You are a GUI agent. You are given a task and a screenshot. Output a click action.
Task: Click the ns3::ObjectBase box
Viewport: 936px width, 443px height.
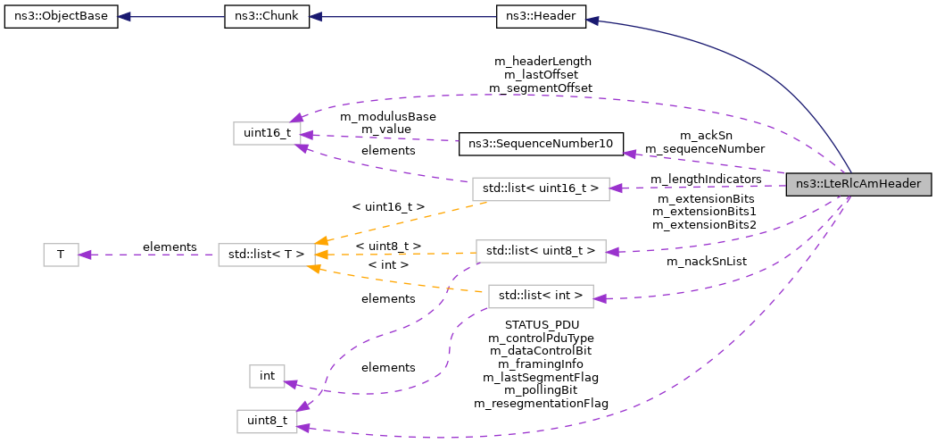tap(61, 18)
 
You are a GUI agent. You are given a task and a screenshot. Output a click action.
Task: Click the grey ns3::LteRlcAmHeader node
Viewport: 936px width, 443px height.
tap(858, 185)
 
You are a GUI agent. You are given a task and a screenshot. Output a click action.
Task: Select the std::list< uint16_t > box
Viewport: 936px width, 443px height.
tap(540, 188)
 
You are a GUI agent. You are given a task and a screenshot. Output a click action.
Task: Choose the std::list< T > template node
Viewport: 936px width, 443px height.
tap(262, 255)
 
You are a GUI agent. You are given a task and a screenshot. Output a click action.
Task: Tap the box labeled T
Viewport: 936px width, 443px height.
tap(61, 255)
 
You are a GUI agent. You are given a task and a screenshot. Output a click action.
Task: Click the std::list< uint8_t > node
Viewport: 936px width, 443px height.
tap(541, 251)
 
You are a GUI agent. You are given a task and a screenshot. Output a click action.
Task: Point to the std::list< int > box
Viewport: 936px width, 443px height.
tap(541, 295)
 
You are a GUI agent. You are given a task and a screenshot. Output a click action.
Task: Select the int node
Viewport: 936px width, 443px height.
tap(267, 376)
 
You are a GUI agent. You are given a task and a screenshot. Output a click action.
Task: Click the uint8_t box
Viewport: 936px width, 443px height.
tap(266, 421)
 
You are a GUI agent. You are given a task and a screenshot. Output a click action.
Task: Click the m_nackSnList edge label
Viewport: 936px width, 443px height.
tap(707, 262)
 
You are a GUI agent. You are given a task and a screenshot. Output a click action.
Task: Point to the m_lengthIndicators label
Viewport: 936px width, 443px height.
tap(706, 180)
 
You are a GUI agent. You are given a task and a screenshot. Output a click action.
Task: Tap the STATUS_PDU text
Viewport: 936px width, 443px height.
tap(542, 324)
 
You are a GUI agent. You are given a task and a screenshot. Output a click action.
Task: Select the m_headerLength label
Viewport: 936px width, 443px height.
tap(543, 61)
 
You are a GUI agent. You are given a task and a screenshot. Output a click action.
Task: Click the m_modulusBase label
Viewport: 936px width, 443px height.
tap(387, 116)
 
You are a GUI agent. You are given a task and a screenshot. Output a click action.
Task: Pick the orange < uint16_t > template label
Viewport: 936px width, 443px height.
tap(387, 206)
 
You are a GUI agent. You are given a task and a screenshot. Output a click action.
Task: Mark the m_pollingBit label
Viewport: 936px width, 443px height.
tap(541, 390)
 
